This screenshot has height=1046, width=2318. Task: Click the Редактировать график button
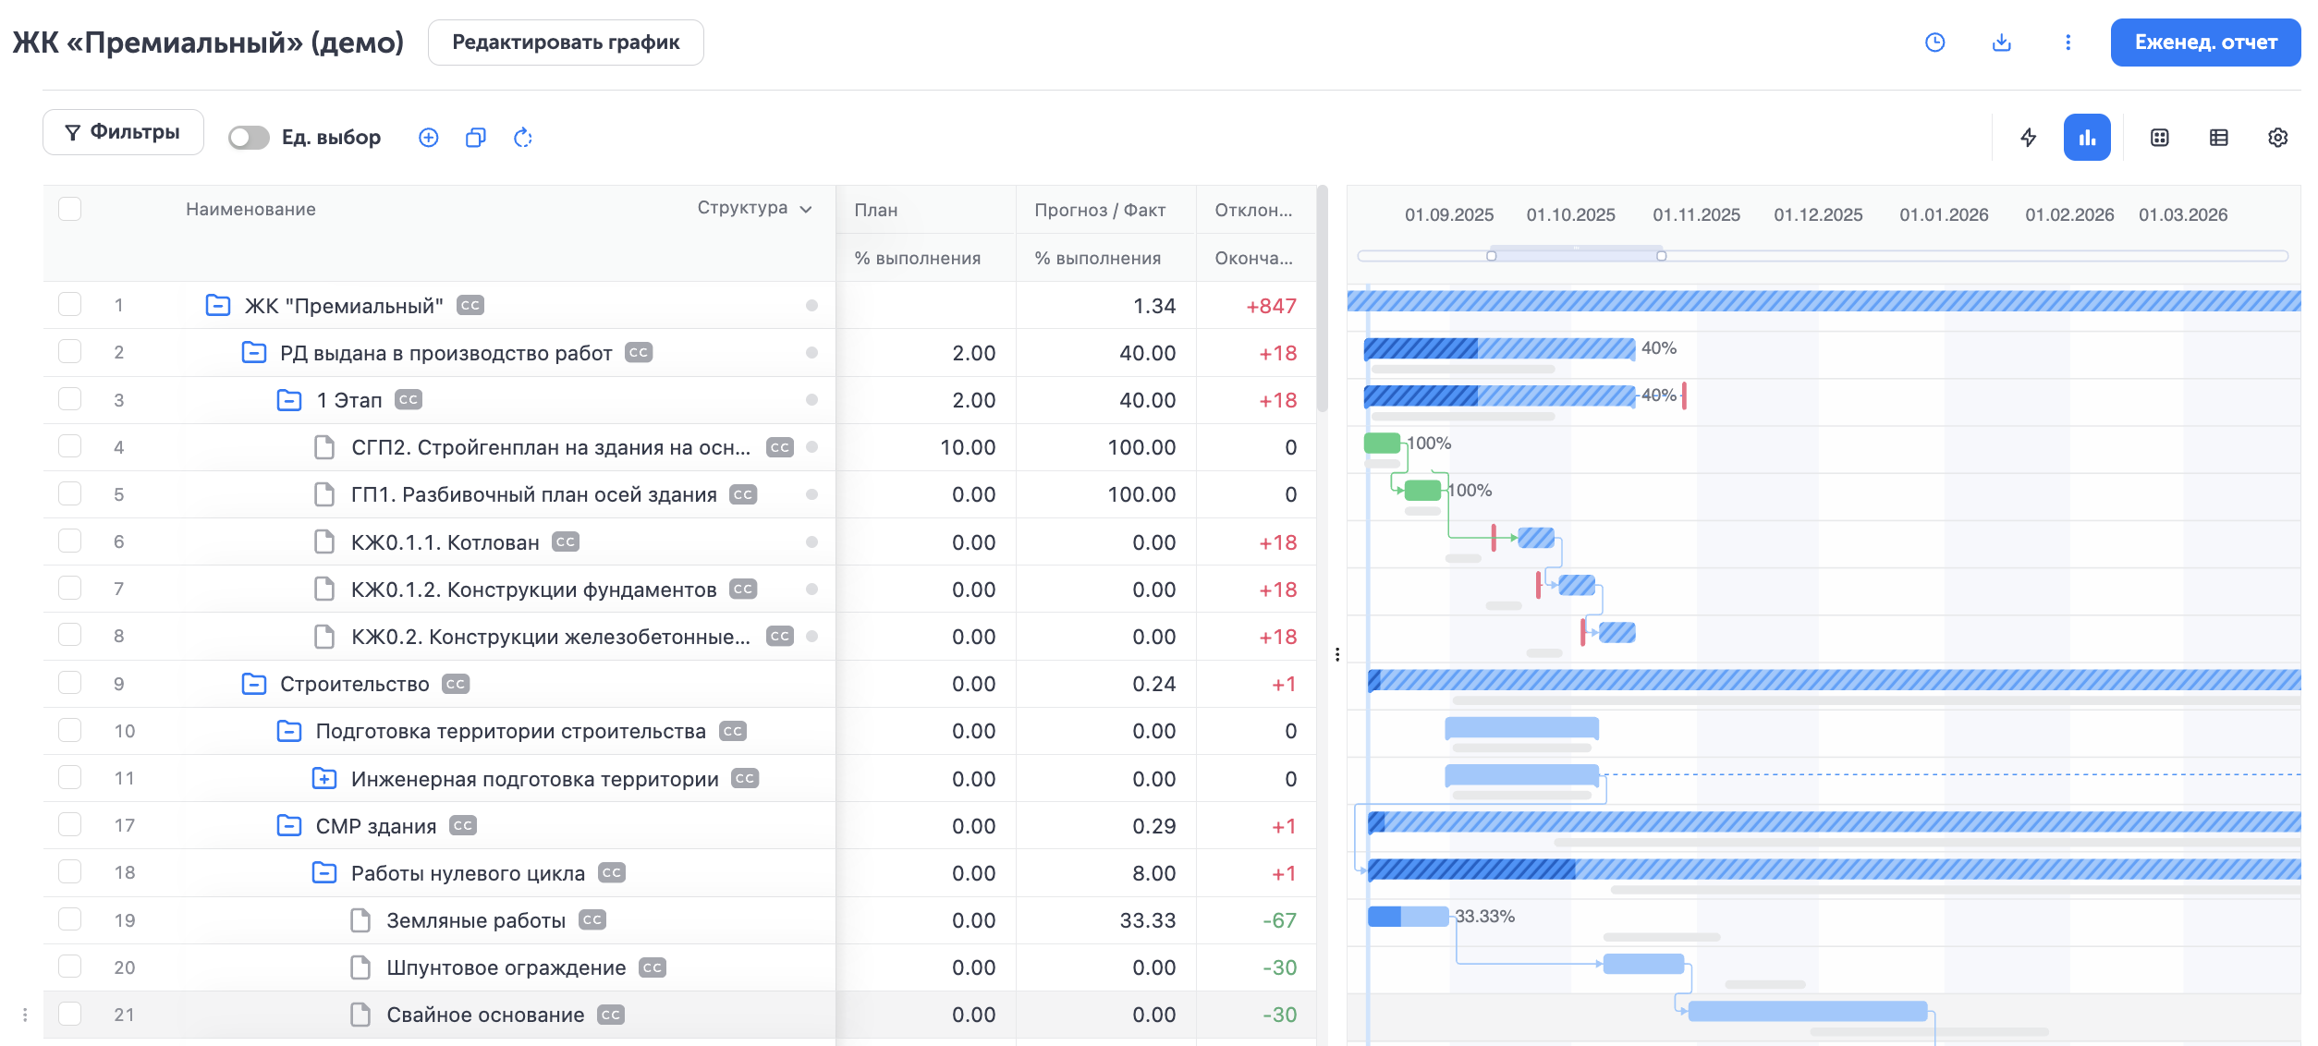pyautogui.click(x=566, y=43)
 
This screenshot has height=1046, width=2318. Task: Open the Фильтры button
pyautogui.click(x=123, y=132)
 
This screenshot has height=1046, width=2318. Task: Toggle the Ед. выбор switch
pyautogui.click(x=249, y=138)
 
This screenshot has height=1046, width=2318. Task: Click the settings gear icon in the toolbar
pyautogui.click(x=2277, y=138)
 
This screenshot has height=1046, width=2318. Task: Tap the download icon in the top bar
pyautogui.click(x=2001, y=43)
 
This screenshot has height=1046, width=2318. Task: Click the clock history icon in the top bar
pyautogui.click(x=1934, y=43)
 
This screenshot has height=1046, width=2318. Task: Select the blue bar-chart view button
pyautogui.click(x=2086, y=138)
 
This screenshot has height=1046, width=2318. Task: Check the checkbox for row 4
pyautogui.click(x=70, y=447)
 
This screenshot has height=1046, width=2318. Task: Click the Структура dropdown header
pyautogui.click(x=754, y=209)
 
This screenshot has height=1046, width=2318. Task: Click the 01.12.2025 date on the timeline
pyautogui.click(x=1818, y=215)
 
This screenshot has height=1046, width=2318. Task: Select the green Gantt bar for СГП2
pyautogui.click(x=1382, y=443)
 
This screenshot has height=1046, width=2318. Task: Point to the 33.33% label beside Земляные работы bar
pyautogui.click(x=1484, y=917)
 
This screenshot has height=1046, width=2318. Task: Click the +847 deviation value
pyautogui.click(x=1271, y=306)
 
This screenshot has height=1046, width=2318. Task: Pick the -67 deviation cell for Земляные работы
pyautogui.click(x=1279, y=920)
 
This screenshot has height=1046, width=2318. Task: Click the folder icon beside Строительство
pyautogui.click(x=253, y=684)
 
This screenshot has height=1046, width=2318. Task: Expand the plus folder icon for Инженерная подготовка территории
pyautogui.click(x=323, y=779)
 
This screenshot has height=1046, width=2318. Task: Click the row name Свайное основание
pyautogui.click(x=485, y=1015)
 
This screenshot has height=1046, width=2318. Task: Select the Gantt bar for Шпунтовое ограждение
pyautogui.click(x=1643, y=965)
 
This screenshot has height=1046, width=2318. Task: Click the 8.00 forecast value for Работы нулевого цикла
pyautogui.click(x=1153, y=873)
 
